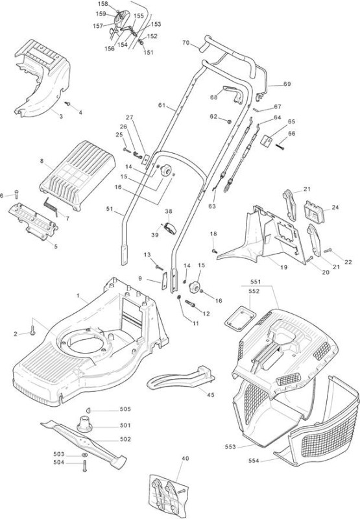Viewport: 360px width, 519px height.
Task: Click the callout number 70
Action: point(186,42)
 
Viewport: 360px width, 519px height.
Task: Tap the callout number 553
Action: point(230,446)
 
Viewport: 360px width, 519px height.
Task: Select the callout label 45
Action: point(210,394)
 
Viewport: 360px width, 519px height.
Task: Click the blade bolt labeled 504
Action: point(84,466)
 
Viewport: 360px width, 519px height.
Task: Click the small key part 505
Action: point(89,410)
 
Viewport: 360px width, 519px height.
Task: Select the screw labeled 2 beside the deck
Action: point(32,330)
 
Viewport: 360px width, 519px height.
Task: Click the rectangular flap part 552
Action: point(240,318)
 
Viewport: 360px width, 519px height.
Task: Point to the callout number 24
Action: point(335,207)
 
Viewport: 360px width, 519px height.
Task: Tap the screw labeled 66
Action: point(280,147)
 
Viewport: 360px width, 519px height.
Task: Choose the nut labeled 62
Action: point(228,121)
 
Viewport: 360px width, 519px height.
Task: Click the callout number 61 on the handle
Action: point(162,105)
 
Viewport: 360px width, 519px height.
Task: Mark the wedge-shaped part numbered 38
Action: point(170,228)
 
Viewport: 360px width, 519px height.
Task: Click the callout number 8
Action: point(42,161)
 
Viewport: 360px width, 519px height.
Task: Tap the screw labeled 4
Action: point(67,104)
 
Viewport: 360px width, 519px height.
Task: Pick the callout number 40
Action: point(186,459)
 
